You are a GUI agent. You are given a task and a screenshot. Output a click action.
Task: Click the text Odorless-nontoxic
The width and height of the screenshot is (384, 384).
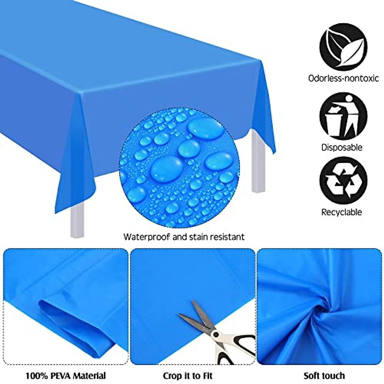343,78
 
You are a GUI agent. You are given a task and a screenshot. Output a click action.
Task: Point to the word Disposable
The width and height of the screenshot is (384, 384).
342,148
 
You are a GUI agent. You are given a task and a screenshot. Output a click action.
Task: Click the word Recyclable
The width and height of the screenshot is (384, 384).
342,212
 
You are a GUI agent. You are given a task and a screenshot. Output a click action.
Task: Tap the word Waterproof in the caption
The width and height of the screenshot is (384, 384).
147,237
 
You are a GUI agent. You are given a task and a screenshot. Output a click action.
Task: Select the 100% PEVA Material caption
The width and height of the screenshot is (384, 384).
66,375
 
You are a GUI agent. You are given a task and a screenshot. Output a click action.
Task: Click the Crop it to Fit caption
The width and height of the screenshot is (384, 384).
188,375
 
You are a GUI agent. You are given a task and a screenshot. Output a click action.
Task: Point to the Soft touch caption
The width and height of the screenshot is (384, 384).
324,375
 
